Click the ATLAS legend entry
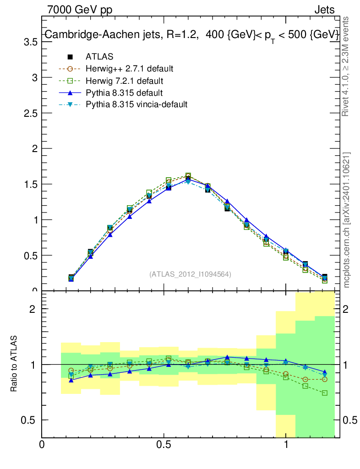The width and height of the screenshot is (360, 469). coord(99,57)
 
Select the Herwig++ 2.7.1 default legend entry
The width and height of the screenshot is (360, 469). coord(129,69)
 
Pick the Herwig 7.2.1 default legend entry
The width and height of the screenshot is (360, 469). coord(124,81)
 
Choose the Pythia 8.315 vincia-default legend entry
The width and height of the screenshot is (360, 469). coord(136,104)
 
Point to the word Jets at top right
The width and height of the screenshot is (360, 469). coord(324,10)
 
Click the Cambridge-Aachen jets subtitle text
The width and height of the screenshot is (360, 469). coord(191,35)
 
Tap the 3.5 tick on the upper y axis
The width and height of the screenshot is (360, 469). coord(30,42)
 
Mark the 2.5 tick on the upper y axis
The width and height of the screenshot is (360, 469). coord(30,113)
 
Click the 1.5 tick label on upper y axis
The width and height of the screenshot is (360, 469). coord(30,184)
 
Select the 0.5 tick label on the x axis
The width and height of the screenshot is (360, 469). coord(164,445)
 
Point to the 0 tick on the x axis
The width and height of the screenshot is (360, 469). coord(42,445)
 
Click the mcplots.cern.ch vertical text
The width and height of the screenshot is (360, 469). coord(347,220)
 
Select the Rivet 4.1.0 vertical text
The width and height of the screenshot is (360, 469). coord(347,66)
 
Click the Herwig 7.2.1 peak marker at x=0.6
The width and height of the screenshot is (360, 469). coord(188,176)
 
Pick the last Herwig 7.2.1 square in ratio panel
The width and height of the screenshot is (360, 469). coord(325,393)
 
